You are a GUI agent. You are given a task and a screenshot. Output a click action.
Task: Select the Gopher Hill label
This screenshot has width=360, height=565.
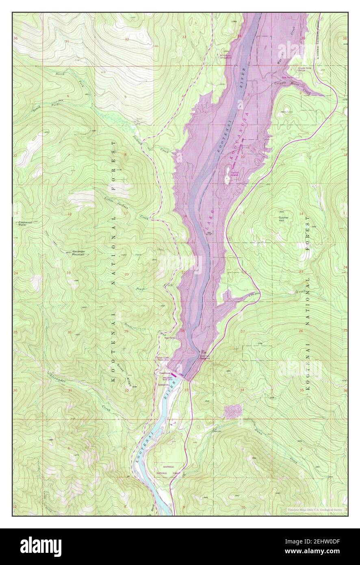tap(283, 219)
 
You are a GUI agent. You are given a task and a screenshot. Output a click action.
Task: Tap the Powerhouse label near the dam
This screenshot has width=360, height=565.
tap(164, 372)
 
